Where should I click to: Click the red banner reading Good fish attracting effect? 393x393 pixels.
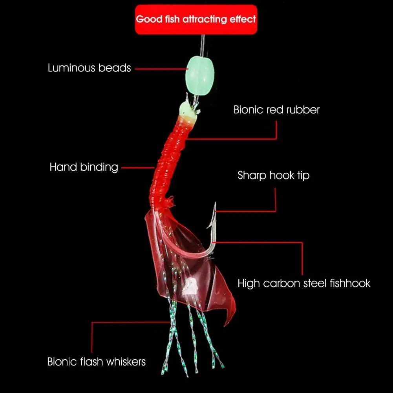tap(196, 19)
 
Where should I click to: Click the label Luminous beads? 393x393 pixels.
tap(89, 68)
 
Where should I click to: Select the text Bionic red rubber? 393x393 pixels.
tap(276, 110)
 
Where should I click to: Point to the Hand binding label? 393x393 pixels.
tap(84, 167)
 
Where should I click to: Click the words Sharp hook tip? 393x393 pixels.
tap(273, 175)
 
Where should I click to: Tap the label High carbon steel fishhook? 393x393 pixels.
tap(304, 283)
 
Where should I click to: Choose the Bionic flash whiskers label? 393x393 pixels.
tap(96, 362)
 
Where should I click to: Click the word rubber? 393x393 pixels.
tap(303, 110)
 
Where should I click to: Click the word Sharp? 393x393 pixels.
tap(252, 175)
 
